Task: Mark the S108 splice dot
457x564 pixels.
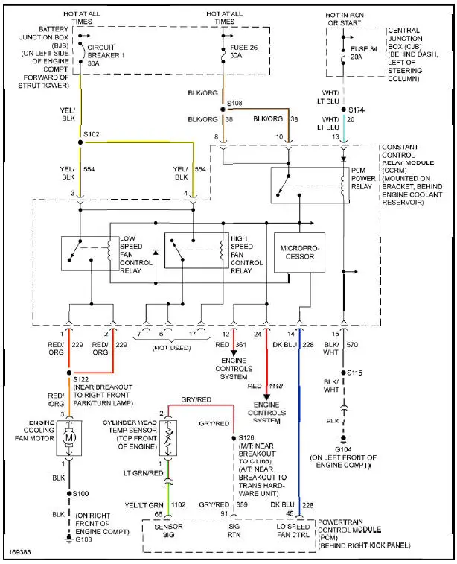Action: coord(222,110)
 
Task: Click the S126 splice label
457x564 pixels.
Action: coord(246,438)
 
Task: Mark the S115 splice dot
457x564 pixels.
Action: coord(343,372)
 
